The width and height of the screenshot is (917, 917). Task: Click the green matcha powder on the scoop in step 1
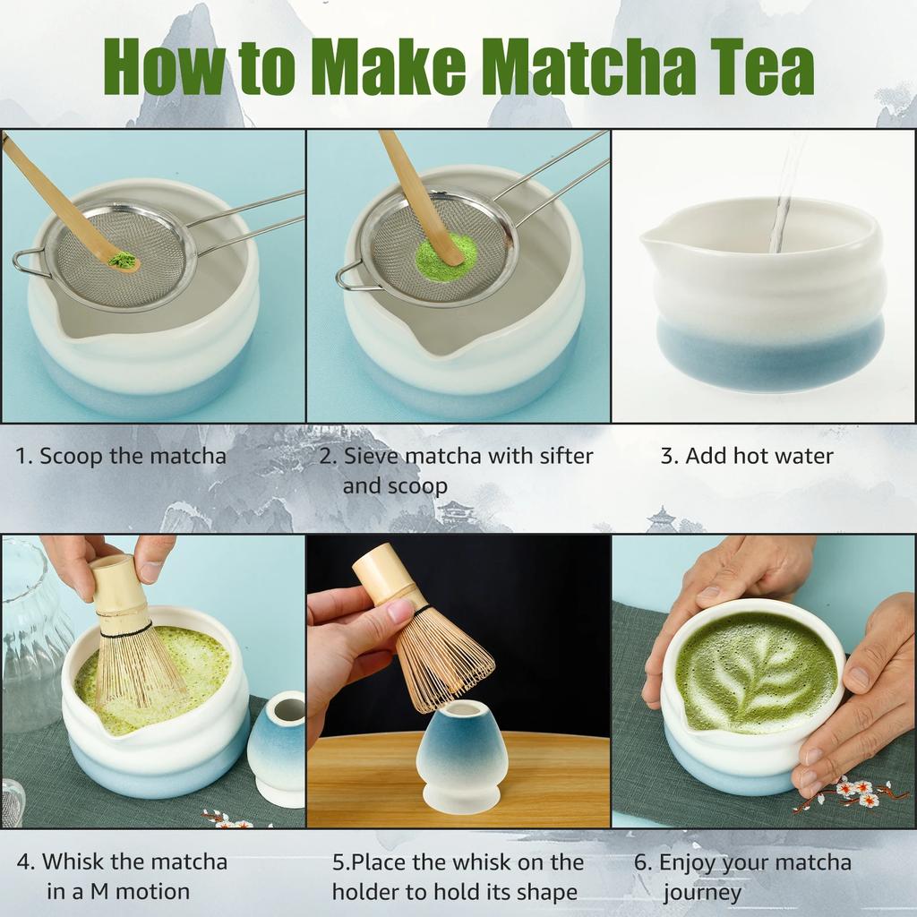click(x=123, y=261)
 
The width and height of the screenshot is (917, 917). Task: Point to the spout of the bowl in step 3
click(x=653, y=240)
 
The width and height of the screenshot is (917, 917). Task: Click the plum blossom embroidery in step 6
click(x=851, y=792)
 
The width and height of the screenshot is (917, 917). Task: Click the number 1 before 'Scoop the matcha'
click(x=22, y=456)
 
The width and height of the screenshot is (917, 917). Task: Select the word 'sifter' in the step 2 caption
click(x=564, y=456)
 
